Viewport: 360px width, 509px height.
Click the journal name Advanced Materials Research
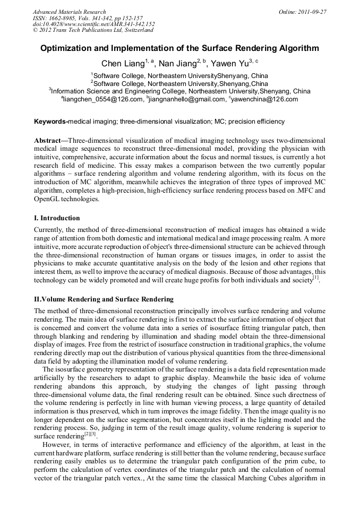click(69, 12)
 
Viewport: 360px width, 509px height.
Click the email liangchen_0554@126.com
click(104, 99)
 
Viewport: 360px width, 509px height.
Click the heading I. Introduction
click(57, 218)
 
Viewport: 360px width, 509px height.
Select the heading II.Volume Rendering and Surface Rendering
click(104, 299)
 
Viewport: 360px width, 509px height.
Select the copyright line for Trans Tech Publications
click(88, 30)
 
